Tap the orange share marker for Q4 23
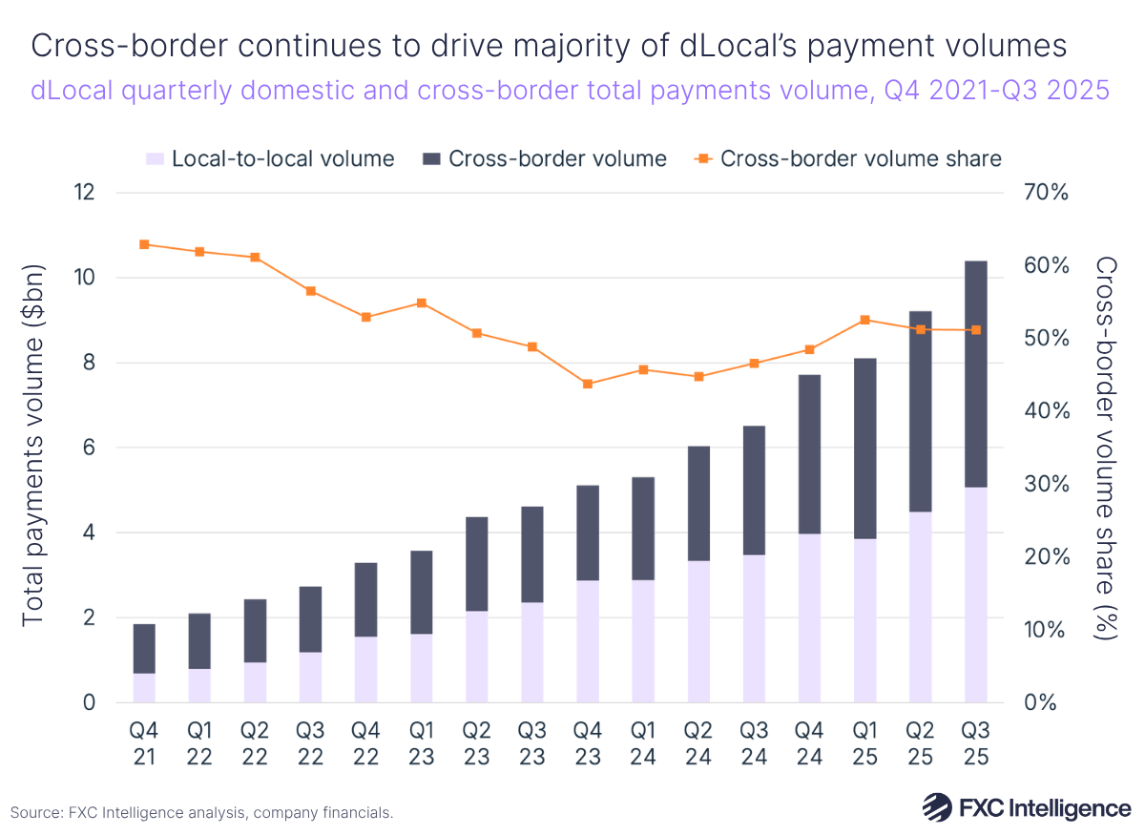[588, 384]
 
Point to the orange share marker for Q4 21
[144, 244]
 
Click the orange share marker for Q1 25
[864, 320]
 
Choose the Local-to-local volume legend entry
[270, 158]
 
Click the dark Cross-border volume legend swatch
[430, 158]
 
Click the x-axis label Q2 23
[476, 743]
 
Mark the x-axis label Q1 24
[643, 743]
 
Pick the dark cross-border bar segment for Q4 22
[365, 599]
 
